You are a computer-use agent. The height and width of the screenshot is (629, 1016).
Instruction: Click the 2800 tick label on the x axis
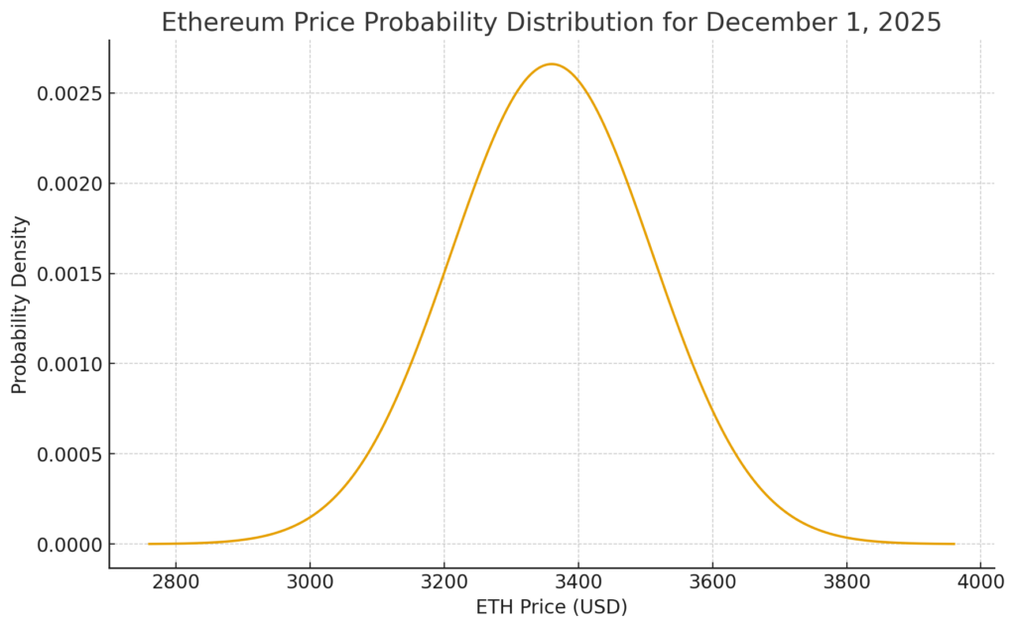coord(176,579)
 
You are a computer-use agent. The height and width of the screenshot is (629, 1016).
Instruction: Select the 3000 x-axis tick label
coord(310,579)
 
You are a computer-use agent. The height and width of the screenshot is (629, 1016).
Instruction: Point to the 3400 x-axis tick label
coord(578,579)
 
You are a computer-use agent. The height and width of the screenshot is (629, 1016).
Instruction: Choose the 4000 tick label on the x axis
coord(980,579)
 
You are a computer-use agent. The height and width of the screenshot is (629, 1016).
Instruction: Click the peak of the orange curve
coord(552,64)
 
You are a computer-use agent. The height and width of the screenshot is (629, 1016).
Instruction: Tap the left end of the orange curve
coord(149,544)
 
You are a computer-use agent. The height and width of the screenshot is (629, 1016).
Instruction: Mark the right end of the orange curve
coord(953,544)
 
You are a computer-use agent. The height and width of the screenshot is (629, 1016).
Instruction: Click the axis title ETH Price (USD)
coord(552,606)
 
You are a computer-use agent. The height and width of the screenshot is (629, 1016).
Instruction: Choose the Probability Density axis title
coord(20,305)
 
